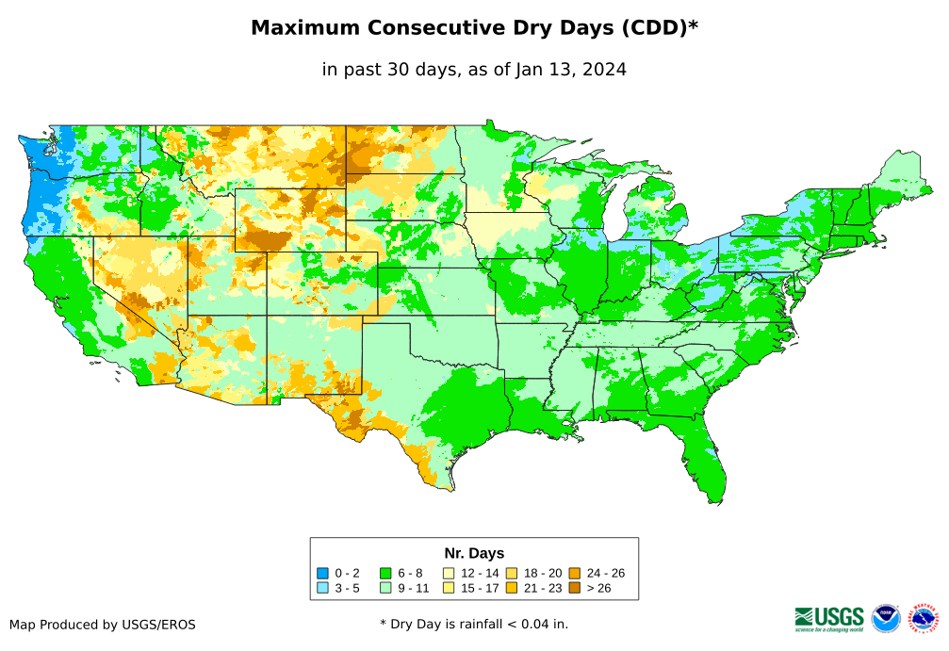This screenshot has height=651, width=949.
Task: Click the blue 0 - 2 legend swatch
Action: tap(322, 573)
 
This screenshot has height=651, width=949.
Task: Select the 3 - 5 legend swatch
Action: tap(322, 588)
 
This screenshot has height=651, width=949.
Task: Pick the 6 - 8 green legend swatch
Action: tap(385, 573)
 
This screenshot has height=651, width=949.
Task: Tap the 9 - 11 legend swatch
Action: tap(385, 588)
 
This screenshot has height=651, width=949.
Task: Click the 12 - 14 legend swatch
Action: tap(449, 573)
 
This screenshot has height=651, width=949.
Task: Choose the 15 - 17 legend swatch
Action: tap(449, 588)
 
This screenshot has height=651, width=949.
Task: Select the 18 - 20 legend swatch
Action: tap(512, 573)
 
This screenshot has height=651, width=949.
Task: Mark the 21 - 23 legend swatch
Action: tap(512, 588)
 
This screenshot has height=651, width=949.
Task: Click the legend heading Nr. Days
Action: tap(474, 553)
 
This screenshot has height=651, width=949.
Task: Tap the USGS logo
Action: tap(829, 618)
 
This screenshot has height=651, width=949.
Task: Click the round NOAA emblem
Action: tap(886, 618)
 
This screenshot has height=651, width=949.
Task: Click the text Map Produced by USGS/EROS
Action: tap(103, 625)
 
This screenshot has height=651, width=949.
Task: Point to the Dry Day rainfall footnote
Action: tap(474, 624)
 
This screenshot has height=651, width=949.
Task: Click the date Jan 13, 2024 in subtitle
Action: tap(571, 69)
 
